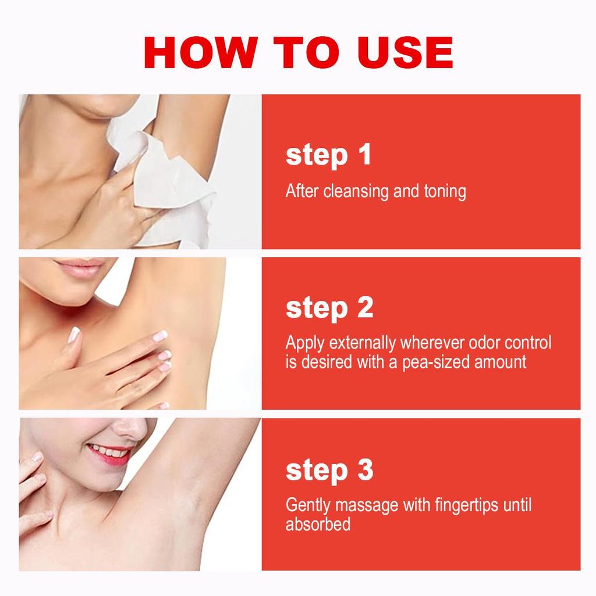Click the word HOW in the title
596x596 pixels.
tap(201, 52)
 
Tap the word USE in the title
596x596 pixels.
tap(405, 52)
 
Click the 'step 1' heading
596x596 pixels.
tap(328, 155)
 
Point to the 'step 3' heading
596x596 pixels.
tap(329, 470)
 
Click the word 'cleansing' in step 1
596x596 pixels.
tap(356, 191)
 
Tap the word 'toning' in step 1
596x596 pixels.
tap(445, 191)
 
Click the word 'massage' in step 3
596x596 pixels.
tap(367, 506)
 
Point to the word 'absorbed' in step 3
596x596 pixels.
tap(318, 524)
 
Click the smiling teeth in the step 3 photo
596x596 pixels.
tap(108, 452)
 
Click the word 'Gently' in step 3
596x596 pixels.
tap(308, 506)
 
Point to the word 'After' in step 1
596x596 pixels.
tap(303, 191)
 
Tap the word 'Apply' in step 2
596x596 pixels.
tap(305, 343)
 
